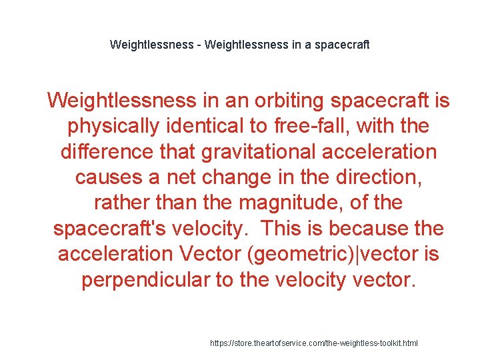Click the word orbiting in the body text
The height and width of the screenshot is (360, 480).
pyautogui.click(x=290, y=101)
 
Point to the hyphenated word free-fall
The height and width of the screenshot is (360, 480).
pyautogui.click(x=317, y=126)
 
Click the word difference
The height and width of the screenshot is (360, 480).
pyautogui.click(x=106, y=151)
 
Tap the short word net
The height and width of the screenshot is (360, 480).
pyautogui.click(x=183, y=177)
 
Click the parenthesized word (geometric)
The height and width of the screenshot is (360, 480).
pyautogui.click(x=294, y=253)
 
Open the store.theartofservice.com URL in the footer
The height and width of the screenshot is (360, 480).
pyautogui.click(x=314, y=343)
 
